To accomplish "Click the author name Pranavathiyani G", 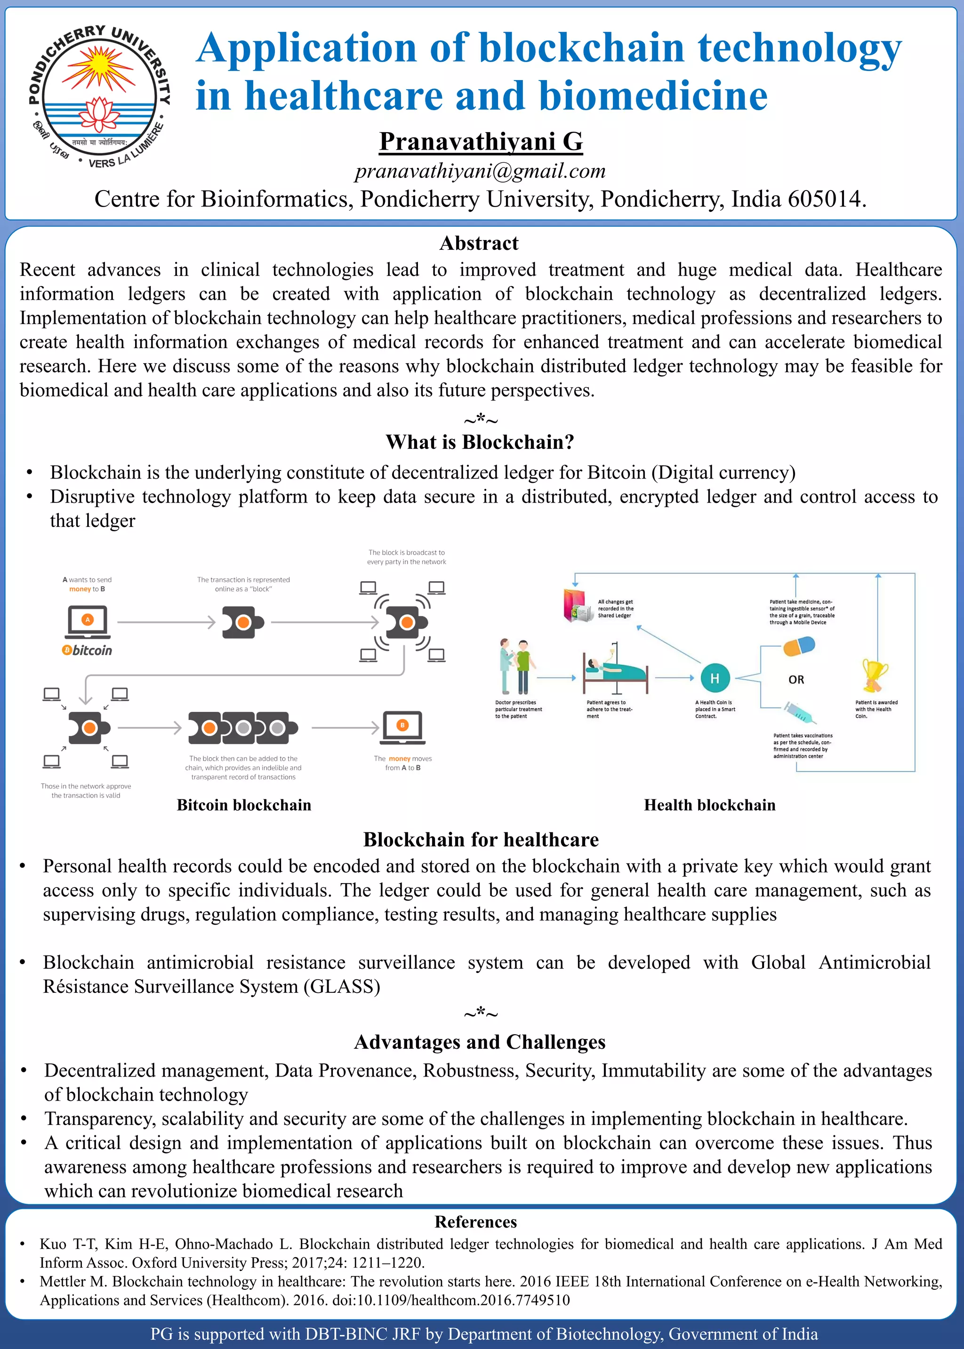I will [481, 141].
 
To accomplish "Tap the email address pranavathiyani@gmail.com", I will [480, 171].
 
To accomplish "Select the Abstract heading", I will [479, 243].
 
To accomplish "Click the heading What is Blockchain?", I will [480, 442].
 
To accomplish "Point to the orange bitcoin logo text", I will [87, 650].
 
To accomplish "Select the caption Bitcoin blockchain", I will [244, 805].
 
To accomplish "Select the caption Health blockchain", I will [709, 805].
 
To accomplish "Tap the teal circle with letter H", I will [715, 678].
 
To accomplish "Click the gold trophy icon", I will [875, 675].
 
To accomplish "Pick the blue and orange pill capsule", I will [798, 646].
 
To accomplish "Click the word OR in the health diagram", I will [796, 680].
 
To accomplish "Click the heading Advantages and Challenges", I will [480, 1042].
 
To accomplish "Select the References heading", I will [475, 1222].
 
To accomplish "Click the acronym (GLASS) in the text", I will [342, 987].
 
